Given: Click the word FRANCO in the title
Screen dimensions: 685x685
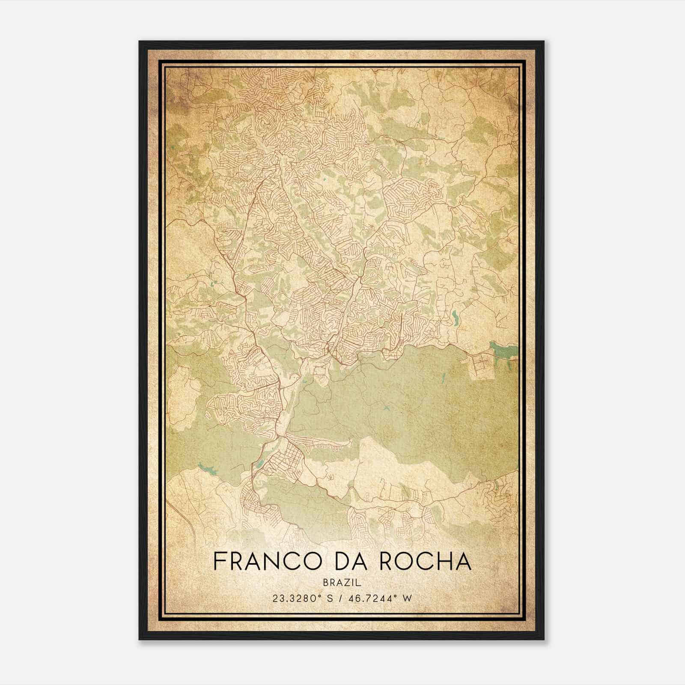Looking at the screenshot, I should coord(260,562).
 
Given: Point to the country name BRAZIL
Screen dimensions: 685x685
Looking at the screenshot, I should coord(342,582).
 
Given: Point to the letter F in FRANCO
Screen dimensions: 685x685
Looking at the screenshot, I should coord(219,562).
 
